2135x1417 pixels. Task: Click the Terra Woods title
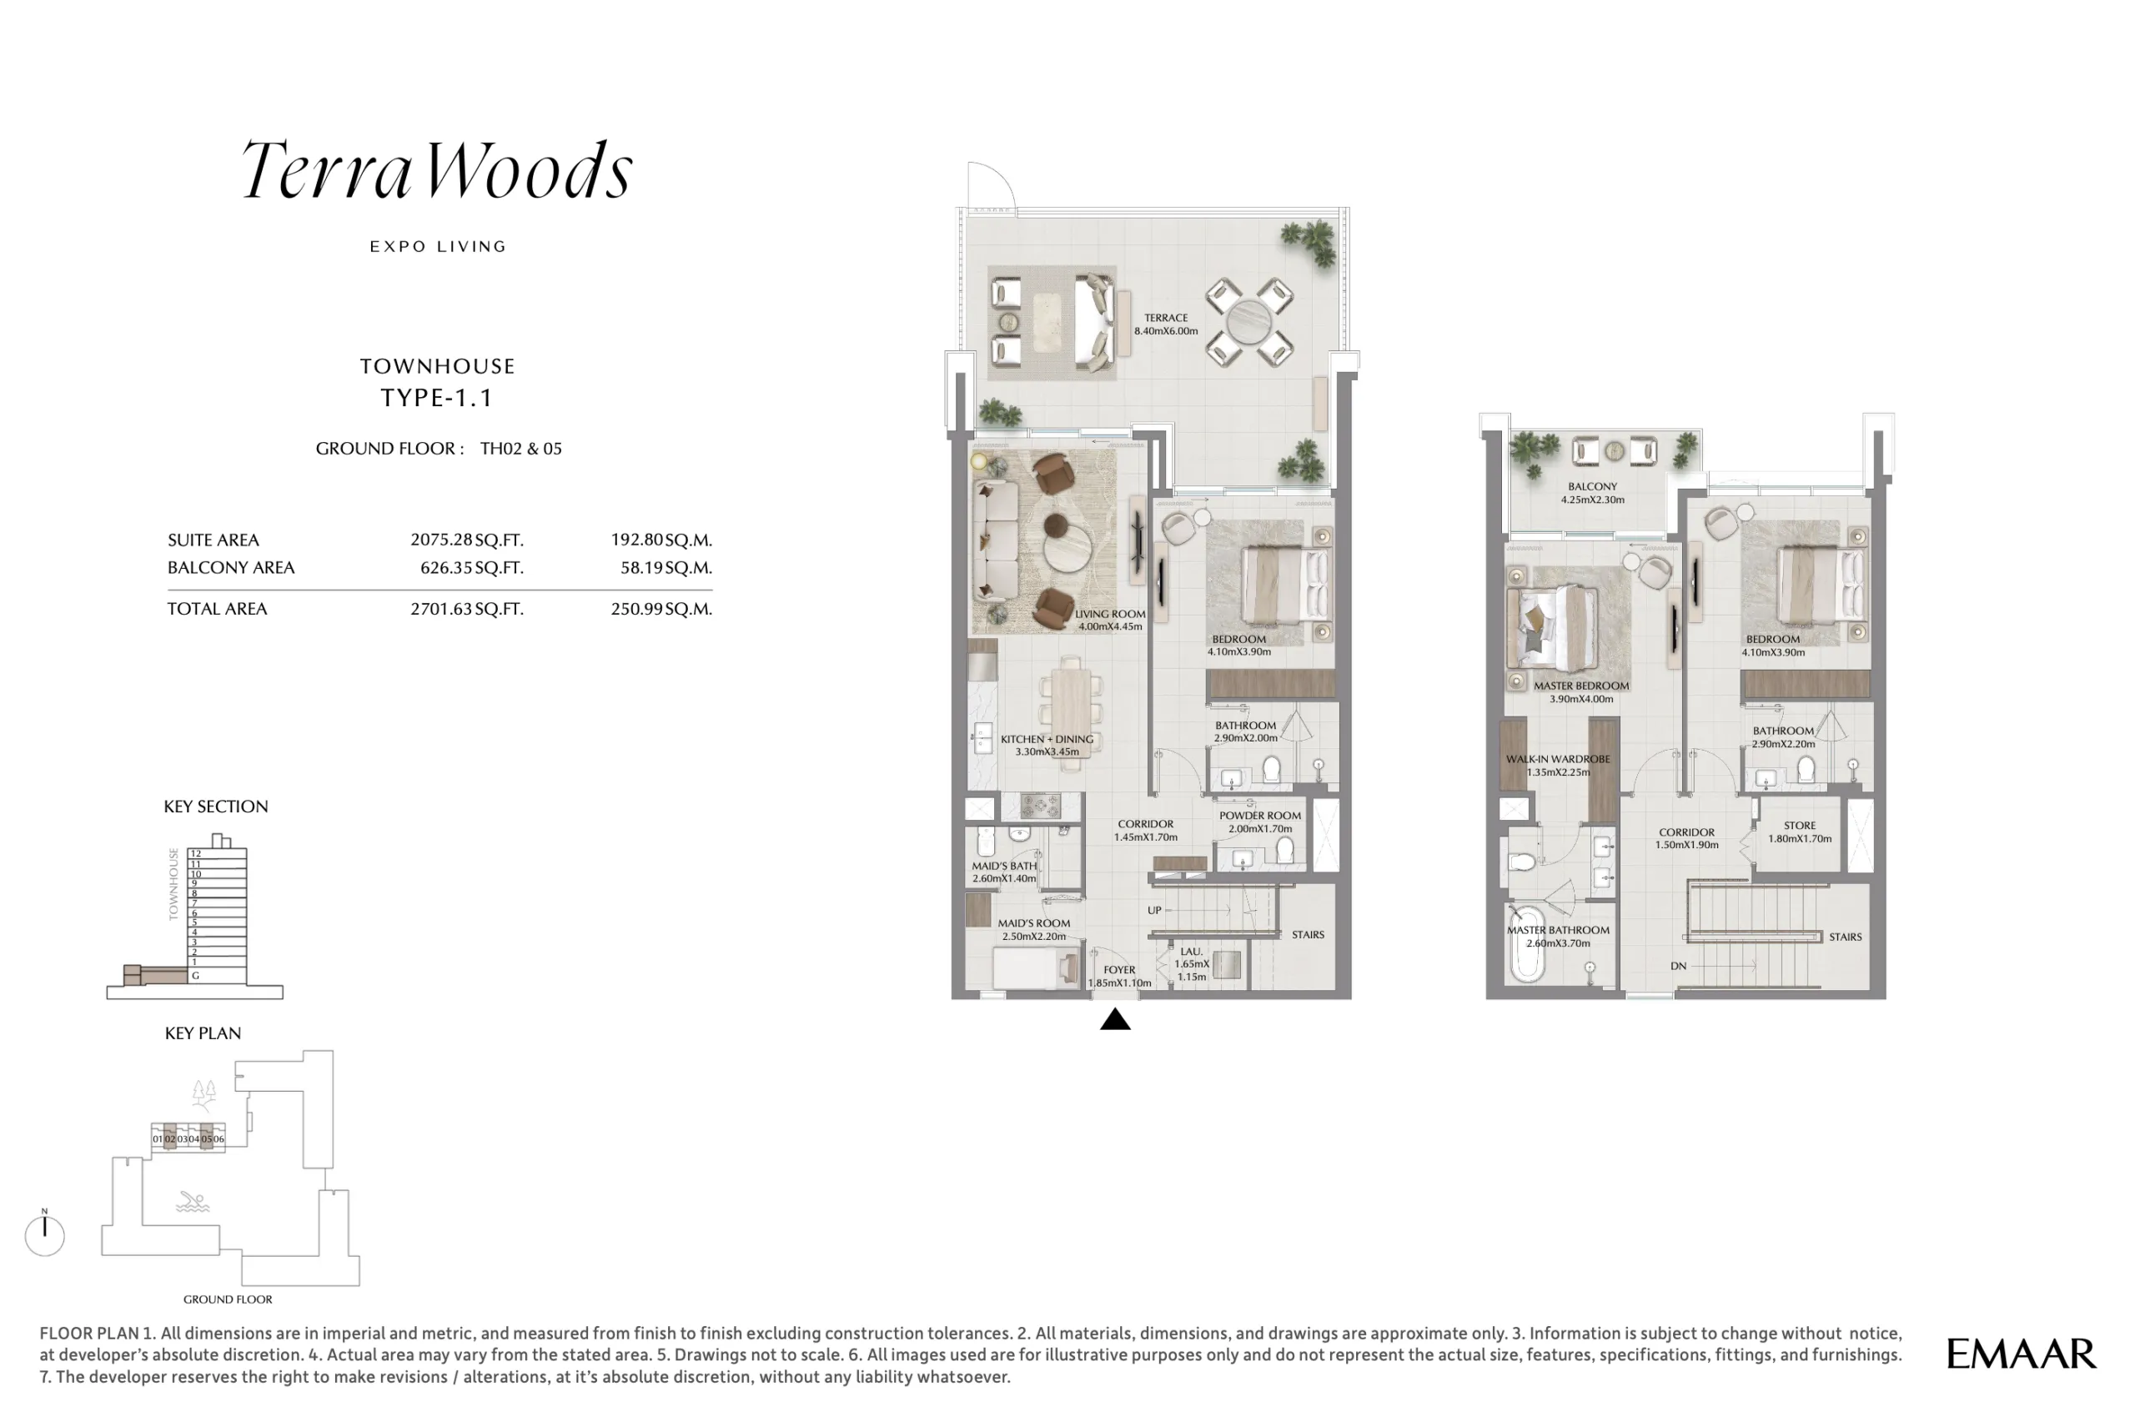(x=437, y=169)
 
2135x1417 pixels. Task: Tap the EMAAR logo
(x=2021, y=1354)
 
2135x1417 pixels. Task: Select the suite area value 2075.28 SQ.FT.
(x=467, y=540)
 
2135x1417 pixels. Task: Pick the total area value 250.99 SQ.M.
(x=661, y=608)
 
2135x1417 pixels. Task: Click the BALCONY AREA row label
(x=231, y=567)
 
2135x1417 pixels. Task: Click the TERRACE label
(x=1166, y=318)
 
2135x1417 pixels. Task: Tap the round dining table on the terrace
(x=1248, y=323)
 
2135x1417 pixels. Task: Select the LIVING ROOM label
(x=1109, y=615)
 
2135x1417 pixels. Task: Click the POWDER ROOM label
(x=1259, y=815)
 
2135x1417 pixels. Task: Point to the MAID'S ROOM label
(x=1033, y=923)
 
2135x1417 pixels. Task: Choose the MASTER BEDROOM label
(x=1581, y=686)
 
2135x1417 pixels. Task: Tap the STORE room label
(x=1800, y=826)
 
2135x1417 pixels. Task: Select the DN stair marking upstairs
(x=1679, y=966)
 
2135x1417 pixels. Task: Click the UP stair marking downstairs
(x=1153, y=910)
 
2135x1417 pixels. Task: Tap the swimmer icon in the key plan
(x=193, y=1202)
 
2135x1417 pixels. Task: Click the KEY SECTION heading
(x=216, y=806)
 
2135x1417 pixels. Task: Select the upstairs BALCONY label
(x=1592, y=486)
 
